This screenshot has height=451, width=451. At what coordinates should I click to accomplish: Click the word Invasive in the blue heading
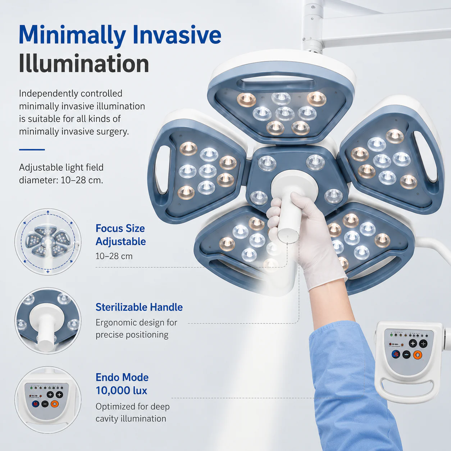[x=177, y=35]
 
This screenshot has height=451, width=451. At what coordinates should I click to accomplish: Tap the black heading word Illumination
[x=84, y=63]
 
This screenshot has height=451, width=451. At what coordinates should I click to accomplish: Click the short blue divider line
[x=32, y=150]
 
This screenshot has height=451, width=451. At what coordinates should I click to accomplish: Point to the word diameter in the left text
[x=38, y=180]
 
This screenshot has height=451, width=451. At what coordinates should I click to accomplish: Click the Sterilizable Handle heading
[x=139, y=307]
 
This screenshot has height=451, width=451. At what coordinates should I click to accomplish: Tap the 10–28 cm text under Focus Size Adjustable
[x=114, y=256]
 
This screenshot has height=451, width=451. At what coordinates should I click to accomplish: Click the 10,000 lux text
[x=121, y=390]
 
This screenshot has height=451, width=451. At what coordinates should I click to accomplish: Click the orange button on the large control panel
[x=417, y=355]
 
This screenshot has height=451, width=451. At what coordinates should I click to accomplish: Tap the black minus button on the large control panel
[x=406, y=355]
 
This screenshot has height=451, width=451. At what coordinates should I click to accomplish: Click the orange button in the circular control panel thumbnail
[x=55, y=404]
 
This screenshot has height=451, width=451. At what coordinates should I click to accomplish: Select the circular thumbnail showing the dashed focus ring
[x=48, y=242]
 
